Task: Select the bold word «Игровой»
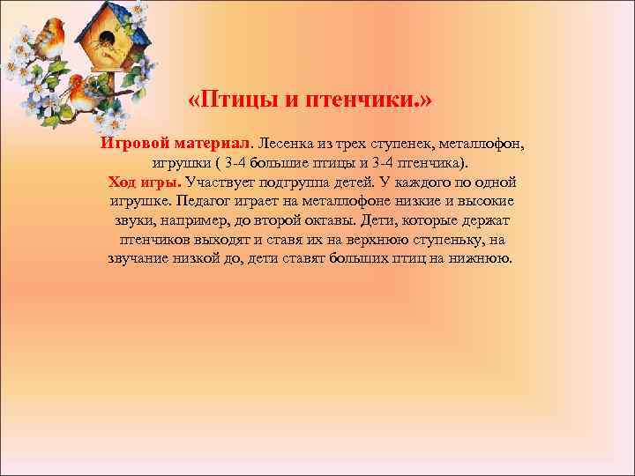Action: [x=133, y=144]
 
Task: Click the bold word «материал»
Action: [x=212, y=144]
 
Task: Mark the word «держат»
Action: [x=486, y=220]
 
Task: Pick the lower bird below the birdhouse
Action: [x=82, y=91]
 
